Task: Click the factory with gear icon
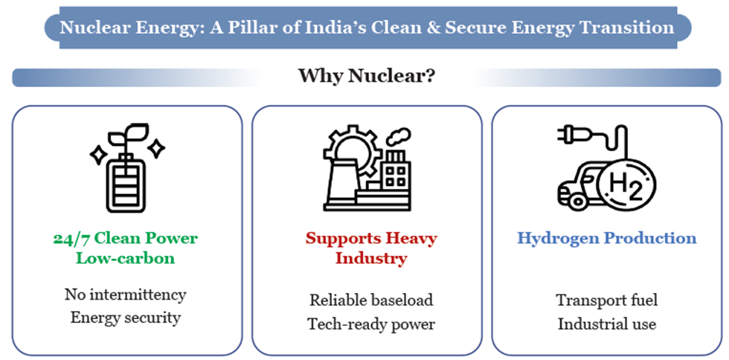[367, 168]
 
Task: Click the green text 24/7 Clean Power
[125, 238]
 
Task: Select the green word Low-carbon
[125, 257]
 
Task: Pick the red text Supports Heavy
[371, 239]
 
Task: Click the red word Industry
[371, 258]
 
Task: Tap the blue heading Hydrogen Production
[607, 238]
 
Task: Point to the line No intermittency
[125, 295]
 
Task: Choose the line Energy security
[125, 318]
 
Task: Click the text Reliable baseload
[371, 300]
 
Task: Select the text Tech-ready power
[371, 324]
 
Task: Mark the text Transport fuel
[607, 300]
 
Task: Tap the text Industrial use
[607, 324]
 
